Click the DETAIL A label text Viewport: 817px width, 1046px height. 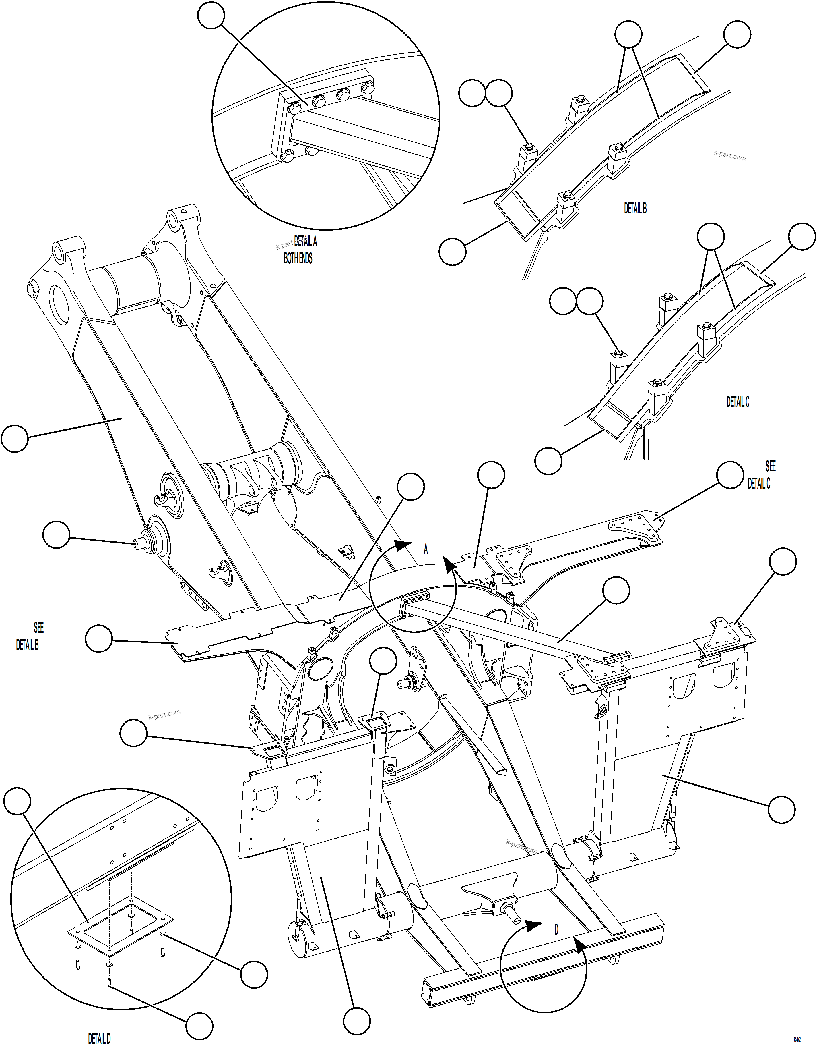point(305,241)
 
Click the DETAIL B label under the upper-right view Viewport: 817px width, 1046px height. point(635,208)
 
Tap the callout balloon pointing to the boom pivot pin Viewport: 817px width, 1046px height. point(56,535)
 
